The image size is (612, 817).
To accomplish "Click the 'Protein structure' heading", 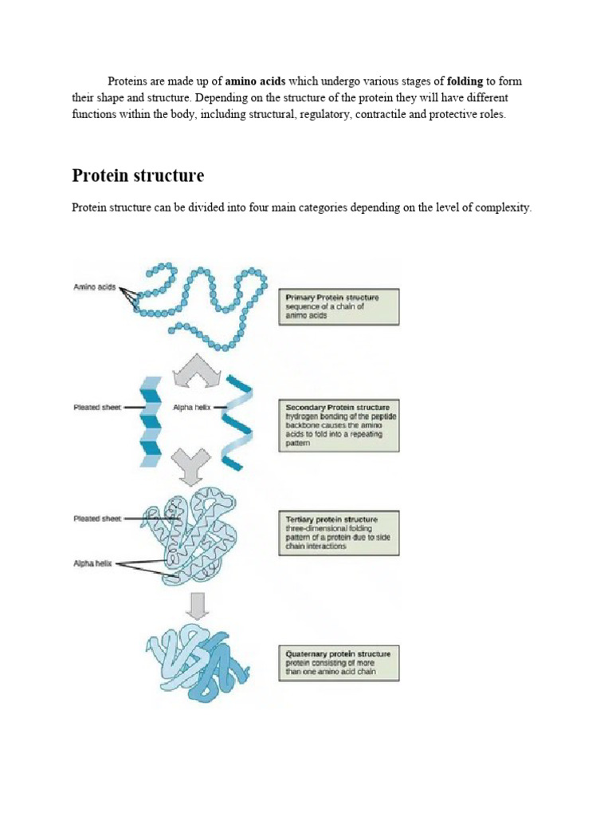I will click(x=138, y=176).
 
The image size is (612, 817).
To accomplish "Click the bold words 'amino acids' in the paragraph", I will click(x=255, y=81).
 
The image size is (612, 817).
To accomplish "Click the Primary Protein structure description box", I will click(x=339, y=306).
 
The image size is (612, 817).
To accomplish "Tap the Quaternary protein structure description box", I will click(x=339, y=663).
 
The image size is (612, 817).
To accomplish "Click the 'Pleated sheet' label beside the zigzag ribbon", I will click(x=98, y=407).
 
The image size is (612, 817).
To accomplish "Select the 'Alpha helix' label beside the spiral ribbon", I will click(x=191, y=407).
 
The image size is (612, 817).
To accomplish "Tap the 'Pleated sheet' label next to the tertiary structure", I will click(x=98, y=519).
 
